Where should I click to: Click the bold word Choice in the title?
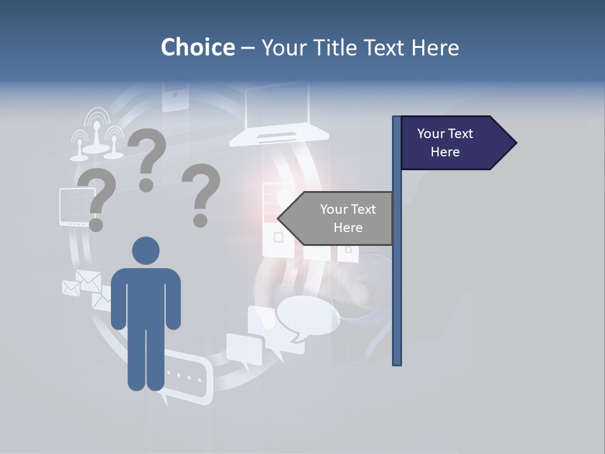point(197,47)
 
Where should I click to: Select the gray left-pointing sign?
point(343,218)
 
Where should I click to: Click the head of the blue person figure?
point(146,250)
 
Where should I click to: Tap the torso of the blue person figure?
point(146,296)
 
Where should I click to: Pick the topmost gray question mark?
point(147,158)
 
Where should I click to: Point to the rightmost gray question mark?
point(201,194)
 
